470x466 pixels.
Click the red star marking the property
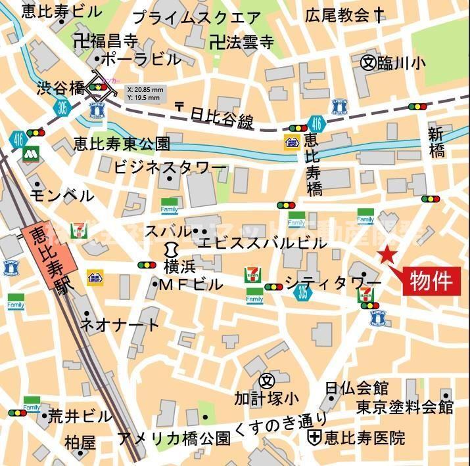coord(387,256)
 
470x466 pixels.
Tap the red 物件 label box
coord(432,281)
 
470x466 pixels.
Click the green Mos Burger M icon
coord(29,154)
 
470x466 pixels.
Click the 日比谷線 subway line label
coord(221,120)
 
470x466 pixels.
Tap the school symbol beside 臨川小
coord(368,62)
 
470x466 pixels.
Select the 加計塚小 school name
coord(266,398)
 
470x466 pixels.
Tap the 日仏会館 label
coord(356,389)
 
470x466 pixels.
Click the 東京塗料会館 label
coord(405,407)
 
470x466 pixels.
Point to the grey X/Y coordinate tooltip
coord(143,93)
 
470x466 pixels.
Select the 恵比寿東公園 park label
coord(122,144)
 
